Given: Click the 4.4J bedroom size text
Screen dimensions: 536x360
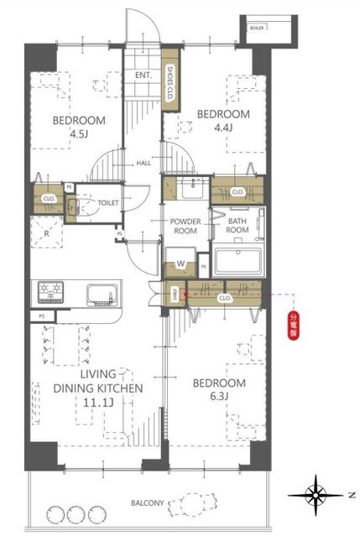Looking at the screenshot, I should [x=223, y=127].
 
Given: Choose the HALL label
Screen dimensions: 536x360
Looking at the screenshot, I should [x=144, y=163].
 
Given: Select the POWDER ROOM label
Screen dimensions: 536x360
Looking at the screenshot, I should [x=183, y=226].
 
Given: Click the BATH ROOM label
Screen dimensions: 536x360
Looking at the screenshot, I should [x=237, y=226].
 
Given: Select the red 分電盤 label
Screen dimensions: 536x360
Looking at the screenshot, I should [x=294, y=324].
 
